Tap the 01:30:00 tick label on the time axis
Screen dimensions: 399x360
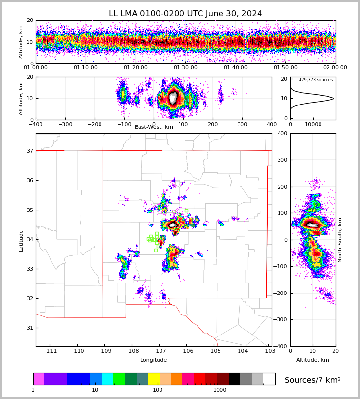[185, 68]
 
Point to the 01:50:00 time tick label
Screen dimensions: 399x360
[285, 68]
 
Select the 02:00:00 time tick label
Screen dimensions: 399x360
[335, 68]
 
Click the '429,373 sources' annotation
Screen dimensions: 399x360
[316, 80]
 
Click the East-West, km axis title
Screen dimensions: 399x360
[154, 127]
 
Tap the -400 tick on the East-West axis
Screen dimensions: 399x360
[36, 124]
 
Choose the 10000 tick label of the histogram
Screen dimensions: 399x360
[313, 124]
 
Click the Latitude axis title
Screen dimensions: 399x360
[21, 240]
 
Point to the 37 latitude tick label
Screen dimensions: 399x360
[29, 151]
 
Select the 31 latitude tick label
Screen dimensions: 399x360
[29, 328]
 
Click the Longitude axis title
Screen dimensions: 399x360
[154, 360]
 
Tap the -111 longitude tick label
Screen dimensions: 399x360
[50, 351]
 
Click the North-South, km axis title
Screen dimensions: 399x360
[340, 240]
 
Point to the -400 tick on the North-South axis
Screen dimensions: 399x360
[281, 346]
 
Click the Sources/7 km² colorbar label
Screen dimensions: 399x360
[312, 380]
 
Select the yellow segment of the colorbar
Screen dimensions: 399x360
[153, 379]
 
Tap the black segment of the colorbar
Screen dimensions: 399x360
[234, 379]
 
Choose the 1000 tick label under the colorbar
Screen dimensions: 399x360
[220, 390]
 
